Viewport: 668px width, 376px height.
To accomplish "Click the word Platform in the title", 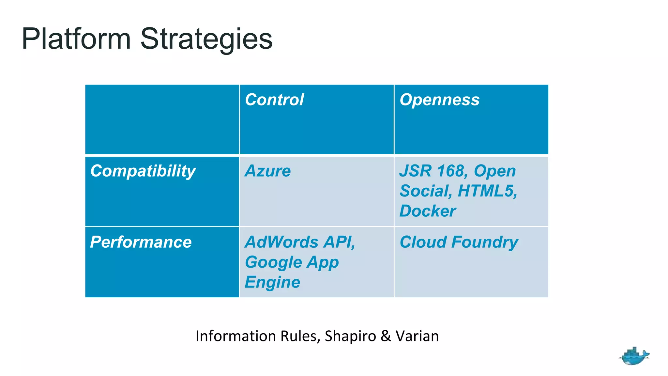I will pos(76,39).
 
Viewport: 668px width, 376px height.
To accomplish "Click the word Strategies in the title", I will pos(206,39).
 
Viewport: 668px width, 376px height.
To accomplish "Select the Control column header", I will pos(274,100).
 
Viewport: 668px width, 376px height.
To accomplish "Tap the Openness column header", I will pos(439,100).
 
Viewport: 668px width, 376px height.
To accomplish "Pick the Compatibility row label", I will pos(143,171).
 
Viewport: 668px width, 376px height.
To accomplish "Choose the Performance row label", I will pos(141,242).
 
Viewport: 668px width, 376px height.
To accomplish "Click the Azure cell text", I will pos(268,171).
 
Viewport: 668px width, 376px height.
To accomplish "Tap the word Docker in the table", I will pos(428,211).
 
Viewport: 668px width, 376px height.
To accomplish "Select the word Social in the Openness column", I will pos(425,191).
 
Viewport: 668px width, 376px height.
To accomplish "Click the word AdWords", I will pos(281,242).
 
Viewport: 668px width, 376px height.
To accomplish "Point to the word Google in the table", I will pos(274,262).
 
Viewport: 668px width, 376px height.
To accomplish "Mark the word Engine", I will pos(272,282).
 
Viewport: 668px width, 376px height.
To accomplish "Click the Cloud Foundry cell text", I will pos(459,242).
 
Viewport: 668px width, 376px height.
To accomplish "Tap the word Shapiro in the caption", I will pos(350,336).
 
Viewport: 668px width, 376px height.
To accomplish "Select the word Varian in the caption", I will pos(417,336).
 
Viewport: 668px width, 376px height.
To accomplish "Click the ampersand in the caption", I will pos(386,336).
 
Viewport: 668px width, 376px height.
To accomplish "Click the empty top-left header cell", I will pos(162,119).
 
